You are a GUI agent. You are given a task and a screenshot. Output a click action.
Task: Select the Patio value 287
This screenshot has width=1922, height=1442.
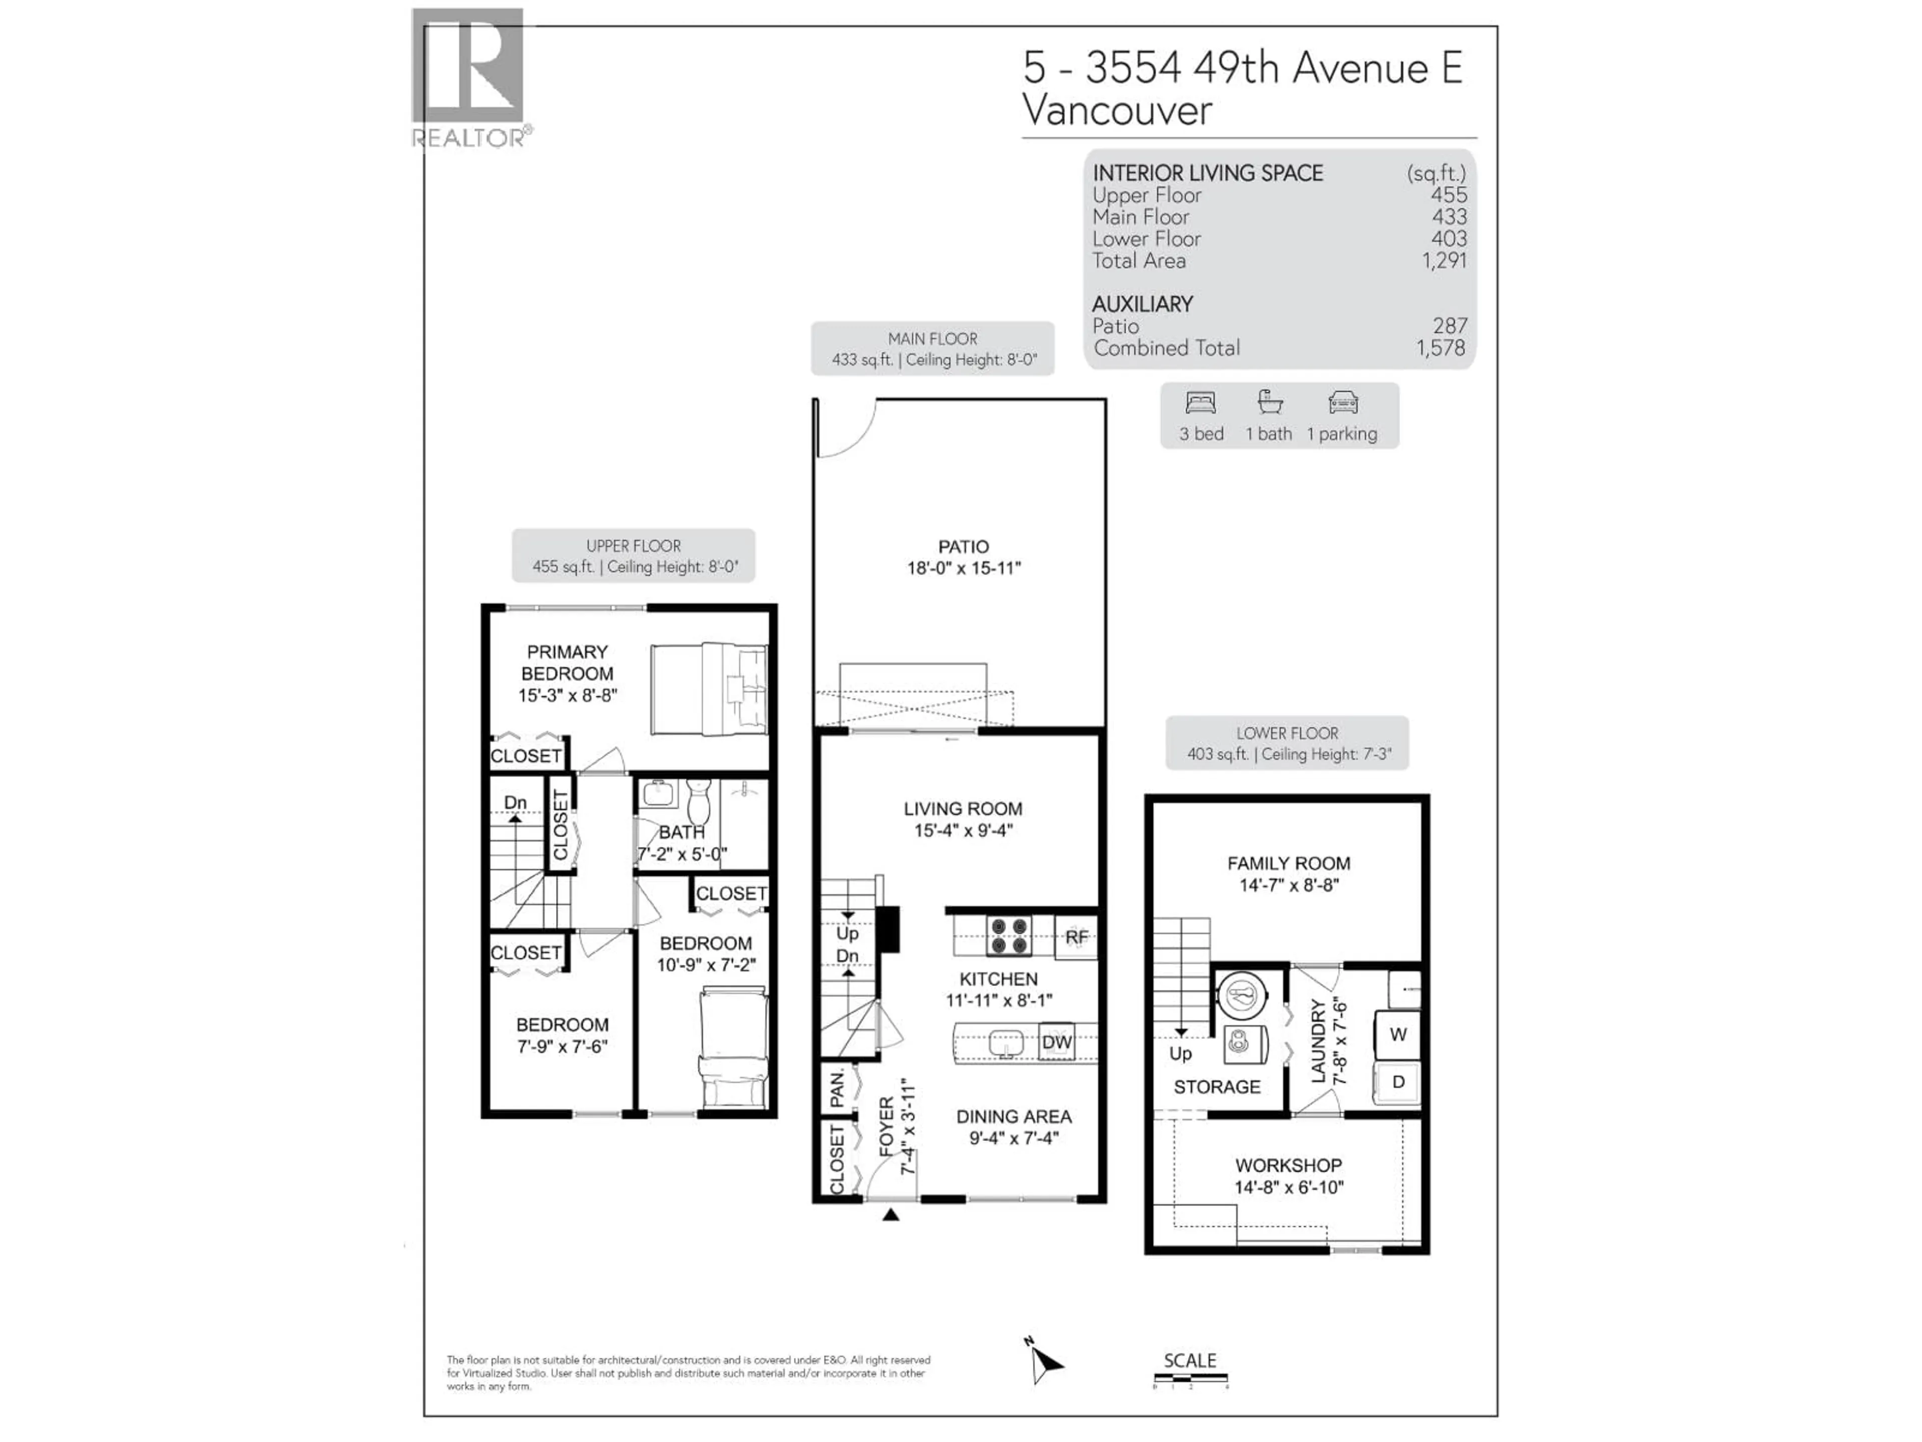pyautogui.click(x=1450, y=326)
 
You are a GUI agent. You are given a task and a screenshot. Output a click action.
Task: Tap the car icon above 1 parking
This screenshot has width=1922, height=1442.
pyautogui.click(x=1342, y=403)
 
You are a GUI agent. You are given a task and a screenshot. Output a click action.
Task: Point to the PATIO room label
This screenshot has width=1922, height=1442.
pyautogui.click(x=963, y=547)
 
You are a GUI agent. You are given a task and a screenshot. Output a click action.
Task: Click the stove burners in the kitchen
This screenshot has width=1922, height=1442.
pyautogui.click(x=1009, y=936)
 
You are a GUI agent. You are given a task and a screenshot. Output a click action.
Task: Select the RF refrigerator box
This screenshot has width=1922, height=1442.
pyautogui.click(x=1076, y=937)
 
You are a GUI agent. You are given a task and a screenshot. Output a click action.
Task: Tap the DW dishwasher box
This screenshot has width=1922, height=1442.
pyautogui.click(x=1057, y=1042)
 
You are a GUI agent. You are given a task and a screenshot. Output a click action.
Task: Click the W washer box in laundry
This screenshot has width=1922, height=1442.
pyautogui.click(x=1397, y=1034)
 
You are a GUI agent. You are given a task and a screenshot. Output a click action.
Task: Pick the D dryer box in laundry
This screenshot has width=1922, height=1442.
pyautogui.click(x=1397, y=1082)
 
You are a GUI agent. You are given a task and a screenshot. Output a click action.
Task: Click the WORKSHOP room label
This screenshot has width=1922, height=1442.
pyautogui.click(x=1288, y=1166)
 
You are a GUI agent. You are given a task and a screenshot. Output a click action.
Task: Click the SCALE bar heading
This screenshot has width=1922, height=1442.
pyautogui.click(x=1190, y=1360)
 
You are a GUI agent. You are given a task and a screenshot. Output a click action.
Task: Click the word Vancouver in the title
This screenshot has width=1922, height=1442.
pyautogui.click(x=1117, y=110)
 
